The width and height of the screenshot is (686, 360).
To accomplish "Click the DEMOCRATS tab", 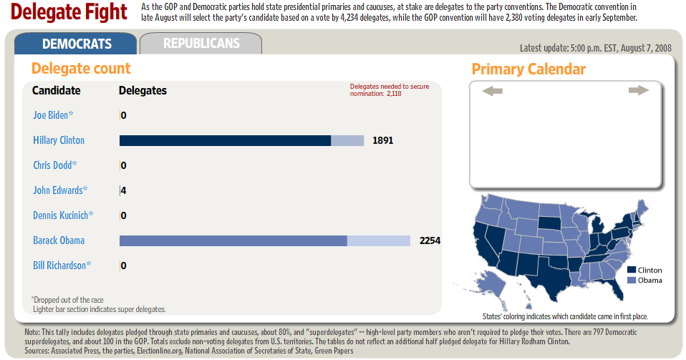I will click(x=76, y=44).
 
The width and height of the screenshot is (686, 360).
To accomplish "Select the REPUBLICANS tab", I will click(x=201, y=44).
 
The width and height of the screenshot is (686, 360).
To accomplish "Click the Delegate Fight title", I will click(x=69, y=12).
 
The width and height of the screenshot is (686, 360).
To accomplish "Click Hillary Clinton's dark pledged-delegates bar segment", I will click(x=225, y=140).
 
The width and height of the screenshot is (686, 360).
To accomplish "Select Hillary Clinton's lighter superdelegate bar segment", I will click(x=347, y=140).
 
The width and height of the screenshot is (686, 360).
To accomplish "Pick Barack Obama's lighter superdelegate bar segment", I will click(x=378, y=240).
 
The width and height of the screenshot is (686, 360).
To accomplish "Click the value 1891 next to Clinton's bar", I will click(x=383, y=140).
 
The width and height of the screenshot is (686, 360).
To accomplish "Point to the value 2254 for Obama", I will click(x=430, y=240).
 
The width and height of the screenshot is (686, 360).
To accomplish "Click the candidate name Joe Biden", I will click(x=51, y=115).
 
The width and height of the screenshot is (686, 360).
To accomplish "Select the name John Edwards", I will click(x=58, y=190).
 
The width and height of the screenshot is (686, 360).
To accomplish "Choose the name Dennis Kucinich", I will click(x=61, y=215).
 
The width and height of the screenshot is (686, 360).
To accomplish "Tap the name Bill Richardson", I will click(x=59, y=266).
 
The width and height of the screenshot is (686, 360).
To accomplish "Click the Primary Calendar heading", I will click(x=528, y=69).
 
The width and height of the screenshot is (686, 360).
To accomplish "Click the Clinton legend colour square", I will click(x=632, y=270).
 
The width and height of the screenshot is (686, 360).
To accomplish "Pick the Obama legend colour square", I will click(x=632, y=280).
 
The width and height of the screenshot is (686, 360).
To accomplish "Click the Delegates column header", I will click(x=142, y=91).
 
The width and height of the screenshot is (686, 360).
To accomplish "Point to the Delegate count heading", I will click(x=81, y=69).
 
